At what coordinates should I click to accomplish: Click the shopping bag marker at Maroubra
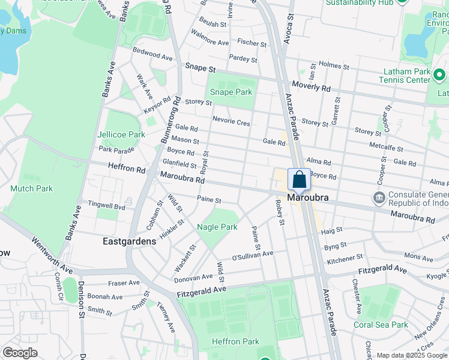300,179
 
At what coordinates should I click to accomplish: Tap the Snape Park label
231,92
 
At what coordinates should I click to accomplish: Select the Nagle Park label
217,227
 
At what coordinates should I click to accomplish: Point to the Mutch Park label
31,188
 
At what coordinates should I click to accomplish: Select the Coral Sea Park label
381,325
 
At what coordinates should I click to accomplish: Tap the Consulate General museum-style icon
379,197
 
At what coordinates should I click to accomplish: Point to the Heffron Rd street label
127,169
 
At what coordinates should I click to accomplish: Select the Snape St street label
200,68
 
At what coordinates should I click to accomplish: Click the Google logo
20,353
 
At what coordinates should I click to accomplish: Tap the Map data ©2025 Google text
411,355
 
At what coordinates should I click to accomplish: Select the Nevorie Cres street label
231,122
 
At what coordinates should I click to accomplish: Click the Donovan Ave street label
193,278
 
